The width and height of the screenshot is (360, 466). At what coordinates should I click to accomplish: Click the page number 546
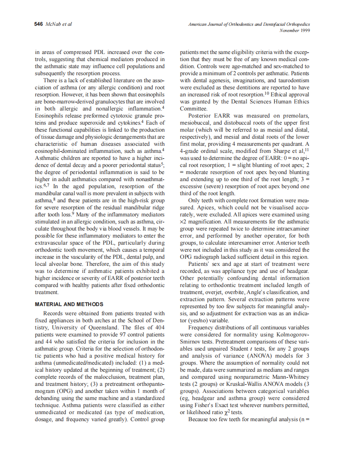coord(38,24)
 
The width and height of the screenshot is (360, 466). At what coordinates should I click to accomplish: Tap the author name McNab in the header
coord(51,24)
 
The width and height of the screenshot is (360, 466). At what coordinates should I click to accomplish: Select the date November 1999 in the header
coord(295,30)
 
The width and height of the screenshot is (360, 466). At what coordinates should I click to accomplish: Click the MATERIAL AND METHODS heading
coord(69,304)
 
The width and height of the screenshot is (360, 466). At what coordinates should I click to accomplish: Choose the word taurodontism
coord(294,81)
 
